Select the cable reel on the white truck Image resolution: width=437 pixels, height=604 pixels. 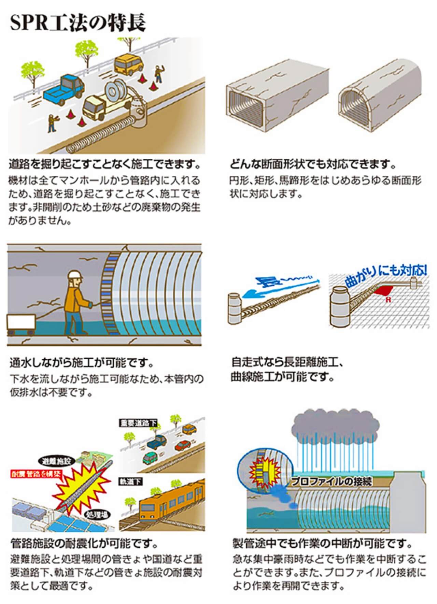(x=114, y=90)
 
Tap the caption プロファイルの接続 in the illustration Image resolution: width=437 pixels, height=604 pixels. (x=331, y=482)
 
